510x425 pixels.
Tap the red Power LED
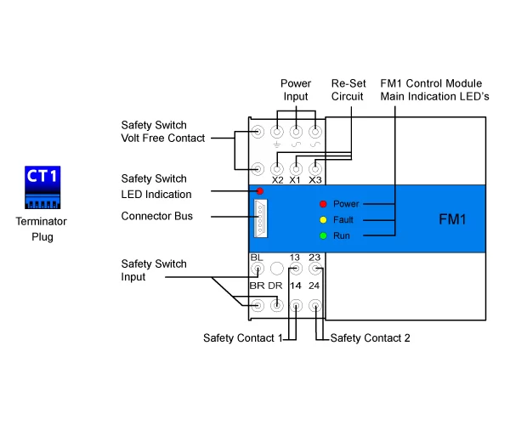pos(323,204)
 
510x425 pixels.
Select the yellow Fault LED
pos(323,219)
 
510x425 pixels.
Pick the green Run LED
pos(323,235)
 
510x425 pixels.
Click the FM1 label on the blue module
pos(452,218)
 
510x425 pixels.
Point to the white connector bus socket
pos(260,218)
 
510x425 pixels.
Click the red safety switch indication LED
pos(259,191)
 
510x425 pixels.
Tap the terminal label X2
pos(277,180)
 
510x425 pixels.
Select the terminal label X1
pos(296,180)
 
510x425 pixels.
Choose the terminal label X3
pos(314,180)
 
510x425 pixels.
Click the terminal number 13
pos(295,257)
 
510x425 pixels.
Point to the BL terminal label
pos(257,257)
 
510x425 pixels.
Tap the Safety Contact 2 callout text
pos(370,338)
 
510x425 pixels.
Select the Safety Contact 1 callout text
pos(243,338)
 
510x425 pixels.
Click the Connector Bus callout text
pos(156,216)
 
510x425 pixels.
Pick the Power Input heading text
pos(297,90)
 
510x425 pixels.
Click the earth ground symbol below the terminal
pos(277,146)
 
